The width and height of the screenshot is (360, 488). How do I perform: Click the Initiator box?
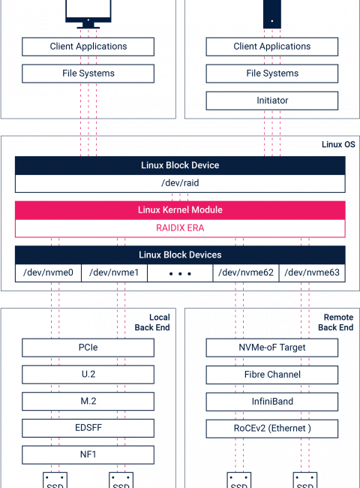[x=272, y=101]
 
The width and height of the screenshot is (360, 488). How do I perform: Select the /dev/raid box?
[x=180, y=183]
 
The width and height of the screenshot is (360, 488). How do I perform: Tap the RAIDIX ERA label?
[x=180, y=227]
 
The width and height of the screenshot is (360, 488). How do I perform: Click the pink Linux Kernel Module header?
[x=180, y=210]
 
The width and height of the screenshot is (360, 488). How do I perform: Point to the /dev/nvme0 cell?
[x=48, y=273]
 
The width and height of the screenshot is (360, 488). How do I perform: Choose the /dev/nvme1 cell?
[x=114, y=273]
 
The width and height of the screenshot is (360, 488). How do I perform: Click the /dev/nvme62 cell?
[x=246, y=273]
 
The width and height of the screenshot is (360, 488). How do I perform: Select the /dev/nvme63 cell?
[x=312, y=273]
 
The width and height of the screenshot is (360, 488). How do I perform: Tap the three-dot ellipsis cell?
[x=180, y=273]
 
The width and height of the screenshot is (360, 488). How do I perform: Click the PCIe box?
[x=88, y=348]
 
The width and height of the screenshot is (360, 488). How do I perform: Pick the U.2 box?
[x=88, y=375]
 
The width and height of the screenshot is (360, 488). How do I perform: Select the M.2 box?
[x=88, y=401]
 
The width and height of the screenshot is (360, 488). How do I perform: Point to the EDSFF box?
[x=88, y=428]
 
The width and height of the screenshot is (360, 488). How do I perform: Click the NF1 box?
[x=88, y=455]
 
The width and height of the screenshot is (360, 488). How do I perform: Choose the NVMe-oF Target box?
[x=272, y=348]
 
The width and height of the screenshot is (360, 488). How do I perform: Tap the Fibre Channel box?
[x=272, y=375]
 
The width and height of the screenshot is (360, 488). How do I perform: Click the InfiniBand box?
[x=272, y=402]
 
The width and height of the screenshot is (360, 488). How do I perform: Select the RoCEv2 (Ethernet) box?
[x=272, y=429]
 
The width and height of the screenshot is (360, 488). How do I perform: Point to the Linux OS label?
[x=338, y=144]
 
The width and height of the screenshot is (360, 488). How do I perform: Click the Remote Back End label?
[x=336, y=322]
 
